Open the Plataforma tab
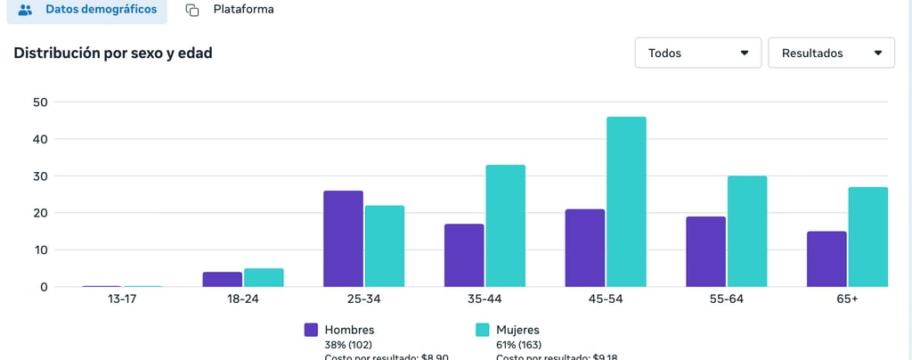pos(230,10)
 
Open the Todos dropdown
pos(698,53)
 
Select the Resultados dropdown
pos(831,53)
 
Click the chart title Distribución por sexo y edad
pos(113,53)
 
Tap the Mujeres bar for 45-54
pos(626,201)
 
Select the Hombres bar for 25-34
pos(343,239)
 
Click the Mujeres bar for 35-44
pos(505,225)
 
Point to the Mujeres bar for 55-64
pos(746,231)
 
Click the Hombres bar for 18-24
pos(222,279)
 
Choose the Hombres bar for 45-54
pos(584,248)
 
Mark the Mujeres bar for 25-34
pos(384,246)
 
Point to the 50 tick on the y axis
pos(40,102)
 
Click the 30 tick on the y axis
pos(40,176)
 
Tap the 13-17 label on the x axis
pos(123,299)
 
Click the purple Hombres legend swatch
pos(311,330)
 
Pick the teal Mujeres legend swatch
pos(483,330)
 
